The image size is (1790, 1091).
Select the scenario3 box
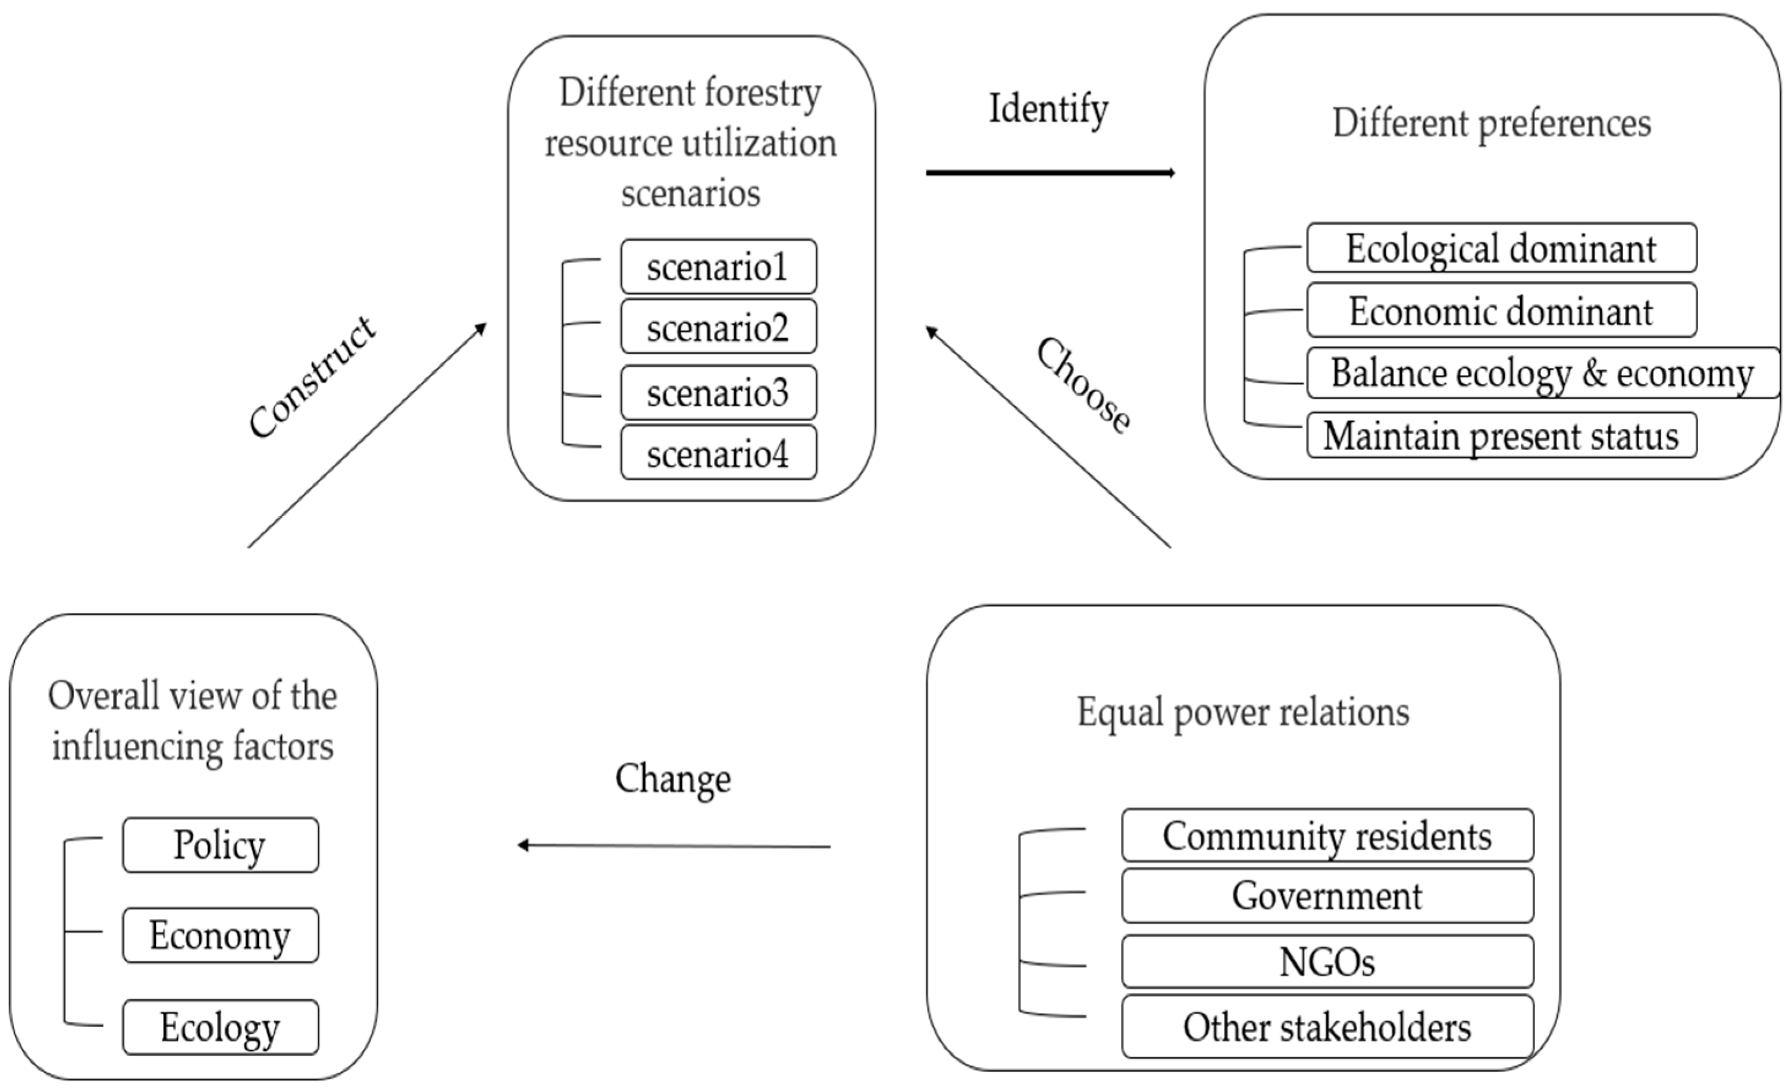[718, 393]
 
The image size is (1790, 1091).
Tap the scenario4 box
[718, 453]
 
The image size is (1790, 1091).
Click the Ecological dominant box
[1501, 248]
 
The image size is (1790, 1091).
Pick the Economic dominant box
[1501, 311]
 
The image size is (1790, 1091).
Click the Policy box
[220, 845]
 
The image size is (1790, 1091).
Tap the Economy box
[220, 935]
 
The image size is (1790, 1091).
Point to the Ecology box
[220, 1027]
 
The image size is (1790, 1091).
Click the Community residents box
[1327, 835]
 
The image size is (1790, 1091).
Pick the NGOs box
[1327, 962]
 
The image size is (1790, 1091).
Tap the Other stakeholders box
[1327, 1027]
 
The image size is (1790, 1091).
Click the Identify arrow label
[1048, 110]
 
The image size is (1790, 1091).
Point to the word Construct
[313, 378]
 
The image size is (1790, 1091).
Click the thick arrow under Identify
[1050, 173]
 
